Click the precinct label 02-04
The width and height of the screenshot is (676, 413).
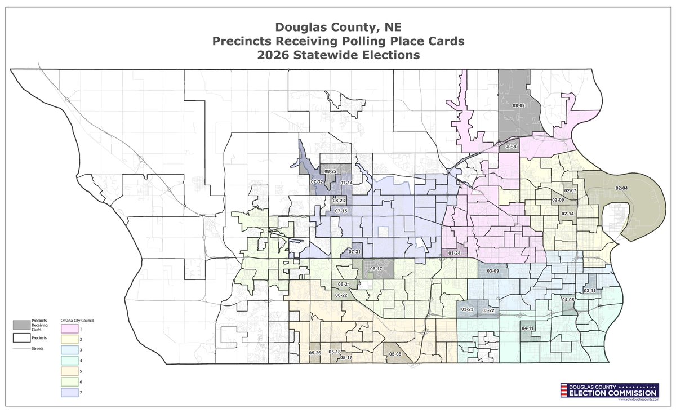click(x=621, y=188)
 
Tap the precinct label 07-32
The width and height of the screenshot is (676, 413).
click(x=317, y=182)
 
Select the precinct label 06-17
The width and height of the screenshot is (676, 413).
click(x=376, y=269)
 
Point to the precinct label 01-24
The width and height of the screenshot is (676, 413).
click(x=455, y=254)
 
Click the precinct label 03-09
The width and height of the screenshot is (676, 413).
click(x=492, y=272)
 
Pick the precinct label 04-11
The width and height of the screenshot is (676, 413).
click(x=527, y=328)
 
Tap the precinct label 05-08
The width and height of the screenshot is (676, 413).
click(x=395, y=354)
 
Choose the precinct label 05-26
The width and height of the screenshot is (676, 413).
click(x=314, y=353)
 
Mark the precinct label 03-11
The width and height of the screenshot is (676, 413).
click(x=589, y=291)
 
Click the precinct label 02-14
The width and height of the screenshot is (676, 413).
click(x=567, y=214)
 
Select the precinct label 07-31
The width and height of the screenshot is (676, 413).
click(x=354, y=251)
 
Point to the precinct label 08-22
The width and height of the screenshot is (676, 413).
click(x=330, y=171)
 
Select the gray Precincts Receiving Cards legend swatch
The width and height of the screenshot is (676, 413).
click(x=22, y=325)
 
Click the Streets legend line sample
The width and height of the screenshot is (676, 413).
click(x=22, y=349)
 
